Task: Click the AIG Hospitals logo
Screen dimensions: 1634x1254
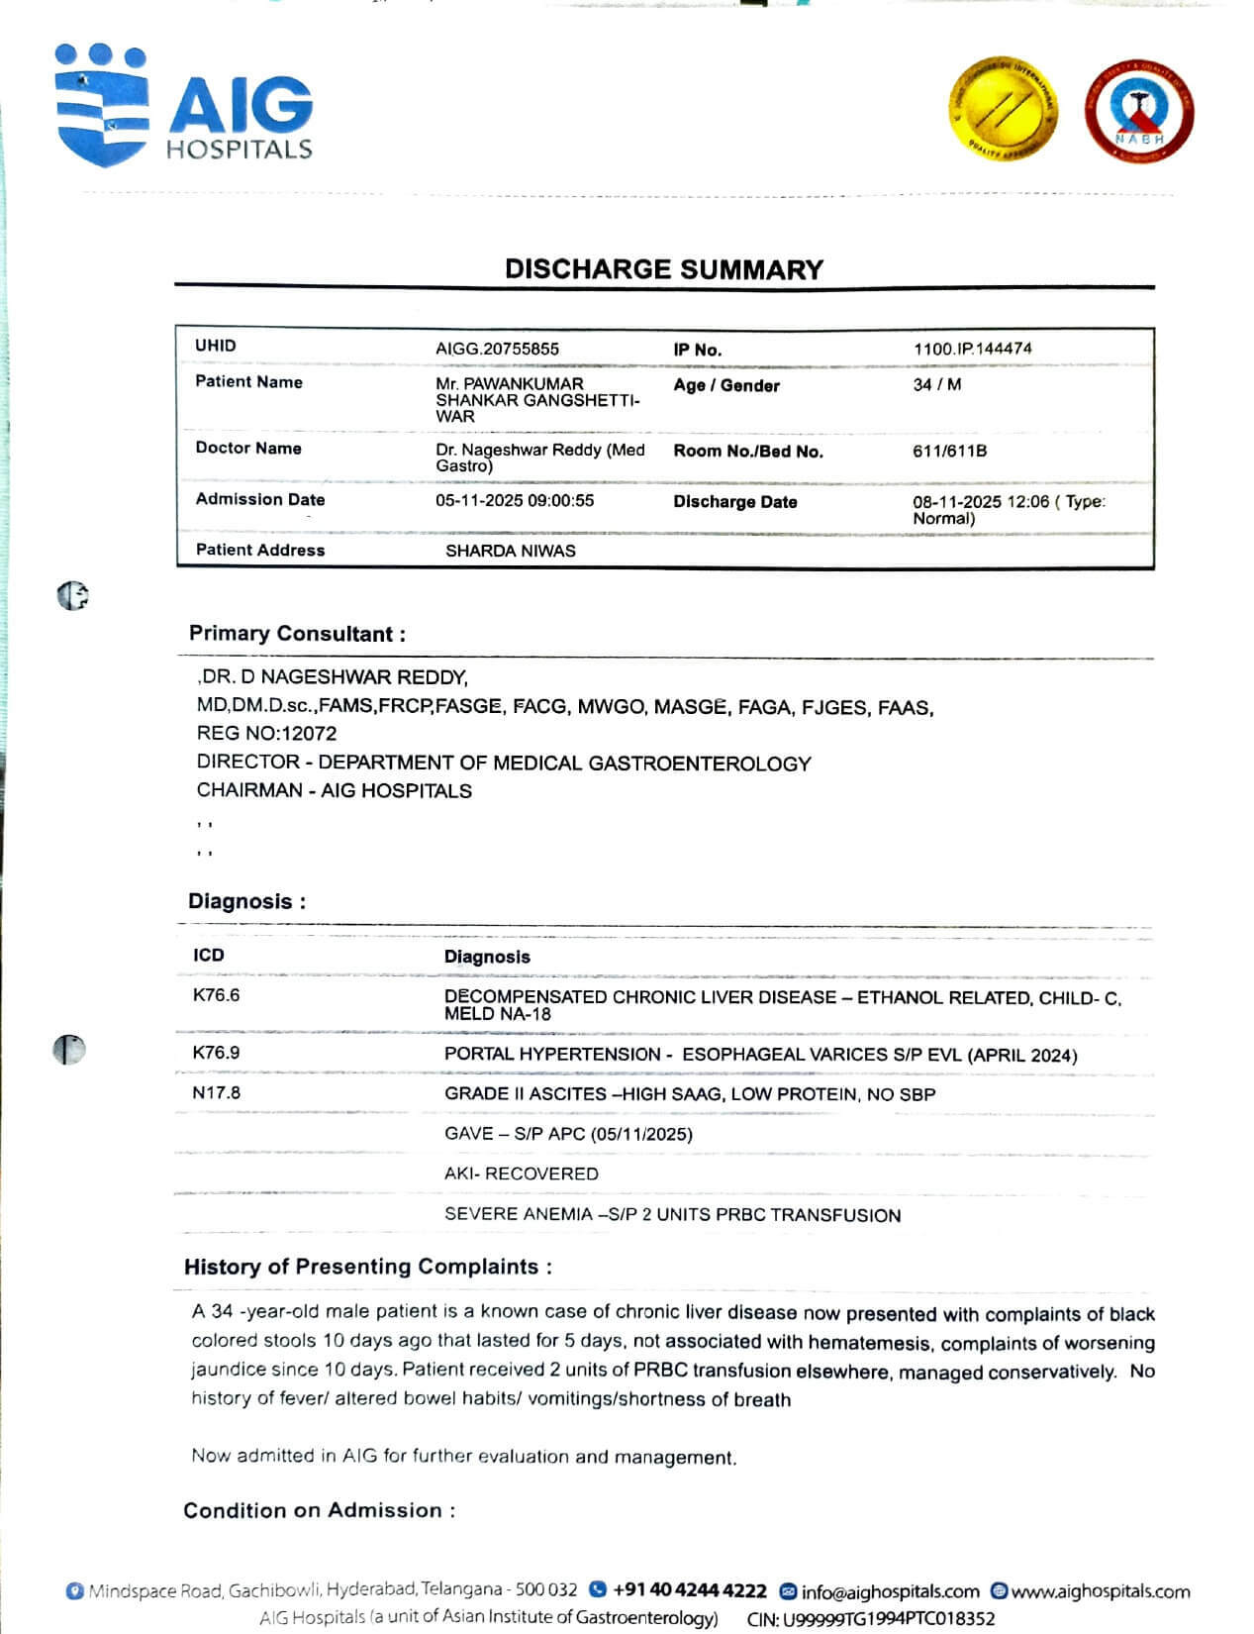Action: [x=184, y=104]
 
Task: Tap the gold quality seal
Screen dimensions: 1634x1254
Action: [x=1004, y=107]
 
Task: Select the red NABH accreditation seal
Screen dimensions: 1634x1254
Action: [x=1139, y=111]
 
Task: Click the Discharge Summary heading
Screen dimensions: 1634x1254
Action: [x=663, y=269]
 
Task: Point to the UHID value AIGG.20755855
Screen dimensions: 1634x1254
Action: [x=497, y=349]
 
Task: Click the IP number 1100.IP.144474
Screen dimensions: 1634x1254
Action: [x=972, y=349]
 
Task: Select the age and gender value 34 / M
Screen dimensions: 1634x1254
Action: [x=936, y=384]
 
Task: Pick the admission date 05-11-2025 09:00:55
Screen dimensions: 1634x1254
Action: [x=515, y=500]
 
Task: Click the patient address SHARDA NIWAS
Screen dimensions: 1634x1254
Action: [x=510, y=551]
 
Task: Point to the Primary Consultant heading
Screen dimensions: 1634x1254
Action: [x=297, y=634]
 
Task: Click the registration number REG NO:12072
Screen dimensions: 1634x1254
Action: [x=266, y=734]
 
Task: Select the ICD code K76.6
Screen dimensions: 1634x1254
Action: [x=216, y=995]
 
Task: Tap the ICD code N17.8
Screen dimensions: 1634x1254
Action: [x=216, y=1092]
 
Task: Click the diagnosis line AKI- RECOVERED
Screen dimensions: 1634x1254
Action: [x=521, y=1174]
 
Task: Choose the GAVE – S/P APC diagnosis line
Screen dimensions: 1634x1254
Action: [x=568, y=1134]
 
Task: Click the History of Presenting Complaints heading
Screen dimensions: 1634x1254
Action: [x=367, y=1267]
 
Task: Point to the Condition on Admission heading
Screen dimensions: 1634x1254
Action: [x=319, y=1510]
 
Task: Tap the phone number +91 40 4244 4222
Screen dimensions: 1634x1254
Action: [x=689, y=1590]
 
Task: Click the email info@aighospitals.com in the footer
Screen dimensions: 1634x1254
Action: [x=889, y=1591]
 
